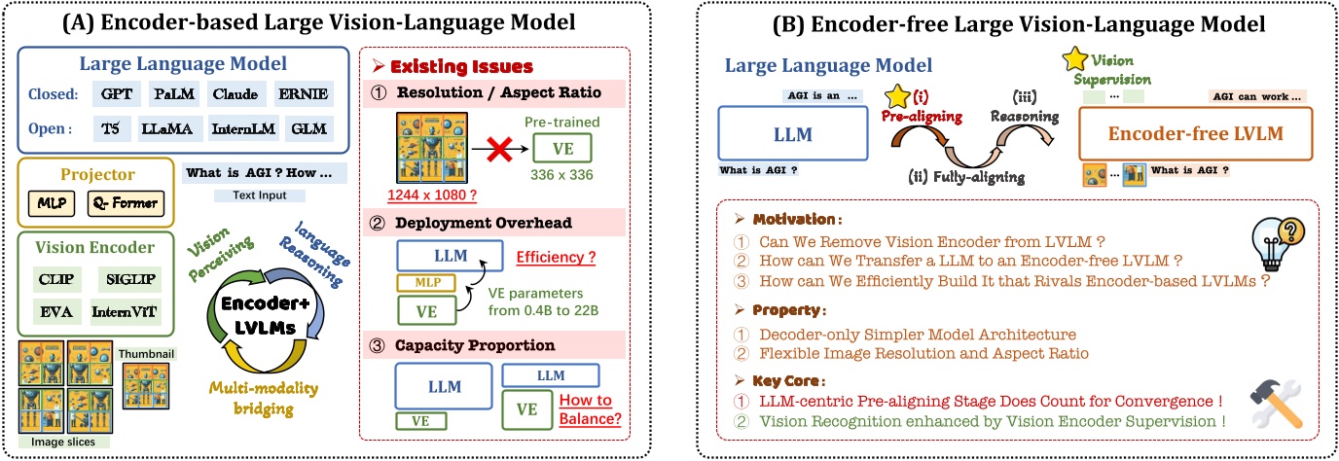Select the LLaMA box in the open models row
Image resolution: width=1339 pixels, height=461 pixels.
click(175, 127)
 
